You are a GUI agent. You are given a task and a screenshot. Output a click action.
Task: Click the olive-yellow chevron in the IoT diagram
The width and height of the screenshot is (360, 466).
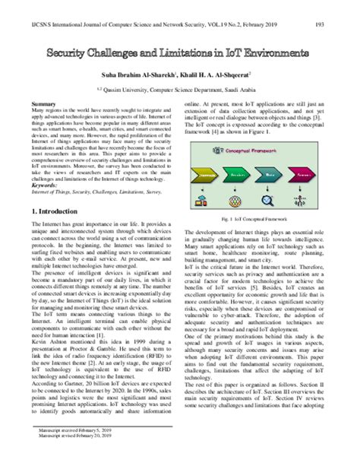click(x=206, y=175)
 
